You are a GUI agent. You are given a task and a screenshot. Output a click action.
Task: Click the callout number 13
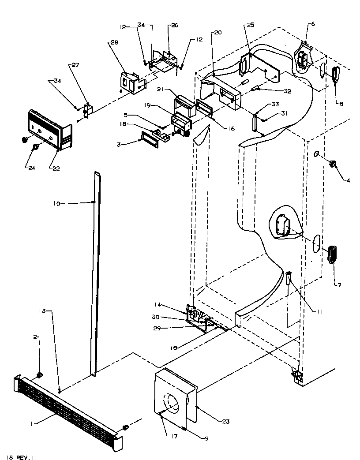pos(53,311)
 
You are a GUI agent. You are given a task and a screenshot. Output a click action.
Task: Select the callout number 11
pos(319,311)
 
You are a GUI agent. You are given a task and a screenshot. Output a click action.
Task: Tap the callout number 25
pos(250,26)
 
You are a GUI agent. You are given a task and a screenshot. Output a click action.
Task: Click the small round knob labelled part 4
pos(333,165)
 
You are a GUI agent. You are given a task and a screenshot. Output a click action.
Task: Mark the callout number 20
pos(217,33)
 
